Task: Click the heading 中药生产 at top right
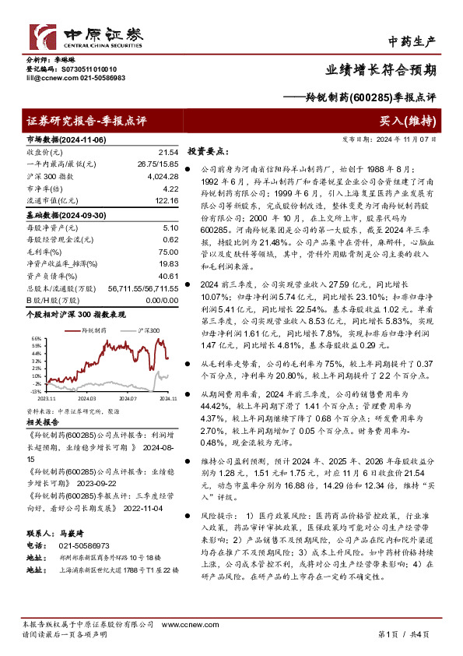tap(412, 41)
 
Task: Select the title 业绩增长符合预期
tap(391, 69)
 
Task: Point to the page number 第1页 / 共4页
tap(402, 635)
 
